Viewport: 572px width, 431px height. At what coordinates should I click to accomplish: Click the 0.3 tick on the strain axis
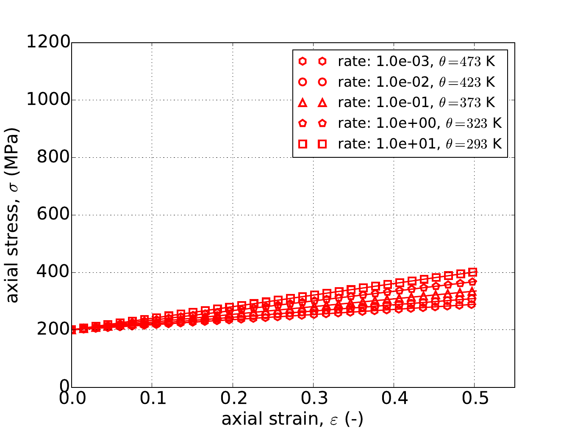click(x=313, y=398)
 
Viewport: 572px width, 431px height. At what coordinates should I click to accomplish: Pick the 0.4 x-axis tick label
click(x=394, y=398)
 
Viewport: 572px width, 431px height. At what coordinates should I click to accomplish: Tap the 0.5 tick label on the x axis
click(x=474, y=398)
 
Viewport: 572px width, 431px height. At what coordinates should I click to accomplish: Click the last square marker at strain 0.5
click(x=473, y=272)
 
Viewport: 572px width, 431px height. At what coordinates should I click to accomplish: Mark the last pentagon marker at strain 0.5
click(x=473, y=282)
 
